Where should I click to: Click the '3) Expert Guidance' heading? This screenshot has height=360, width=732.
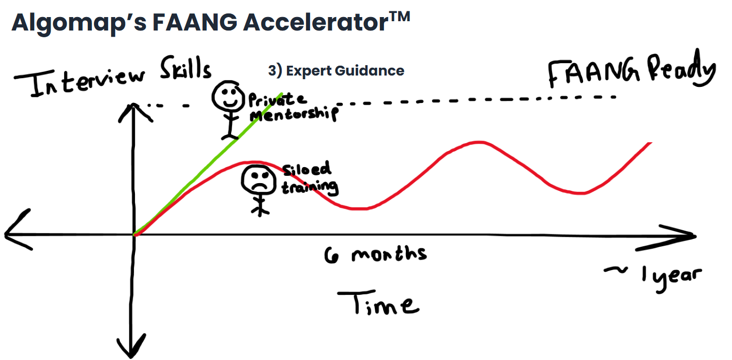[336, 70]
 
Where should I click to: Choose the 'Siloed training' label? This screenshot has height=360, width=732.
[309, 178]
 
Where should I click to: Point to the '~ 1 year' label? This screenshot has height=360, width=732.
[653, 275]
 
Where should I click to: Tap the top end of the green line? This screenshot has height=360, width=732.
[281, 94]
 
